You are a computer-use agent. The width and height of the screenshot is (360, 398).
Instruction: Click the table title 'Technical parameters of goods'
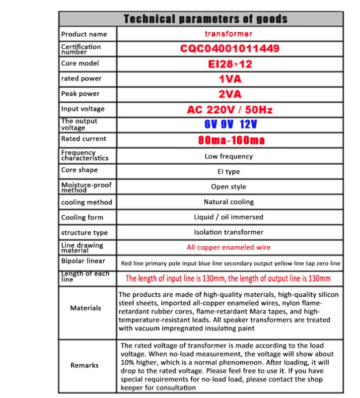(205, 19)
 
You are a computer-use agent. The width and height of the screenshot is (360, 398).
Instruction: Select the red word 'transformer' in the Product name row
(228, 34)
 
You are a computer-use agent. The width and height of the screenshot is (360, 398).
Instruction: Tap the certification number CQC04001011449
(229, 49)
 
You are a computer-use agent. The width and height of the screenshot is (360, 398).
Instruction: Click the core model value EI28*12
(229, 64)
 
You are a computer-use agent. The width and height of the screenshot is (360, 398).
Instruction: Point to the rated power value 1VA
(229, 79)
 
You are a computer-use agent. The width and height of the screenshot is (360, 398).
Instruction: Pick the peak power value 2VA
(229, 94)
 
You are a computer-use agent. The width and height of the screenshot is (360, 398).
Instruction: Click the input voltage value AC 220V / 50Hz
(229, 110)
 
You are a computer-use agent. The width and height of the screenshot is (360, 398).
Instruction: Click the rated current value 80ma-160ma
(231, 140)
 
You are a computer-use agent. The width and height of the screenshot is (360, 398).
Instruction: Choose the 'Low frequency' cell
(228, 156)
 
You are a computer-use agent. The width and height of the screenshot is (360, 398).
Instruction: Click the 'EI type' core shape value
(228, 172)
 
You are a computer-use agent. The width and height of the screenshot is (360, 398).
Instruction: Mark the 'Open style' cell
(228, 187)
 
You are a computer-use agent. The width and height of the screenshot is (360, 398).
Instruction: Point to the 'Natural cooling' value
(228, 202)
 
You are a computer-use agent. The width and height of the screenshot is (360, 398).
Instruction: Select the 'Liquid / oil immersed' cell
(228, 217)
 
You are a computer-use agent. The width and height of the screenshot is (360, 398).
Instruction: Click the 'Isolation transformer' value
(228, 232)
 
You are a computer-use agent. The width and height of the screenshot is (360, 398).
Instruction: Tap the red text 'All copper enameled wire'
(228, 247)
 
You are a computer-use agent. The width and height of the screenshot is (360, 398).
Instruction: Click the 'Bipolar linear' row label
(83, 261)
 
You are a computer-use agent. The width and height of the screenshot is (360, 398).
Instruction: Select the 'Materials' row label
(85, 308)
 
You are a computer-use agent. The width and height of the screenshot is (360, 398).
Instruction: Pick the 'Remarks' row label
(84, 365)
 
